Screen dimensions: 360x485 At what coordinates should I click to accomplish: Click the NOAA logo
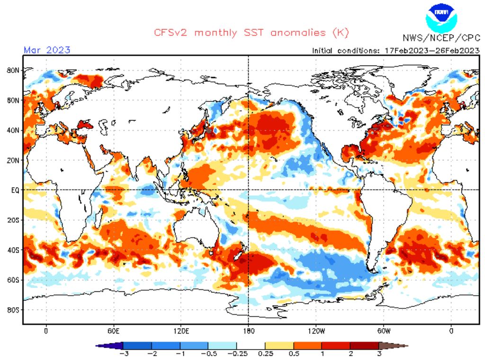[441, 18]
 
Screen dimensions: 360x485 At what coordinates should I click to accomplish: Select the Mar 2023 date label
[47, 50]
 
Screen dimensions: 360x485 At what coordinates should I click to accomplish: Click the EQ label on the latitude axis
[15, 190]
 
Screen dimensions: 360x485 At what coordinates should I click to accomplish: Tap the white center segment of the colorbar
[250, 346]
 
